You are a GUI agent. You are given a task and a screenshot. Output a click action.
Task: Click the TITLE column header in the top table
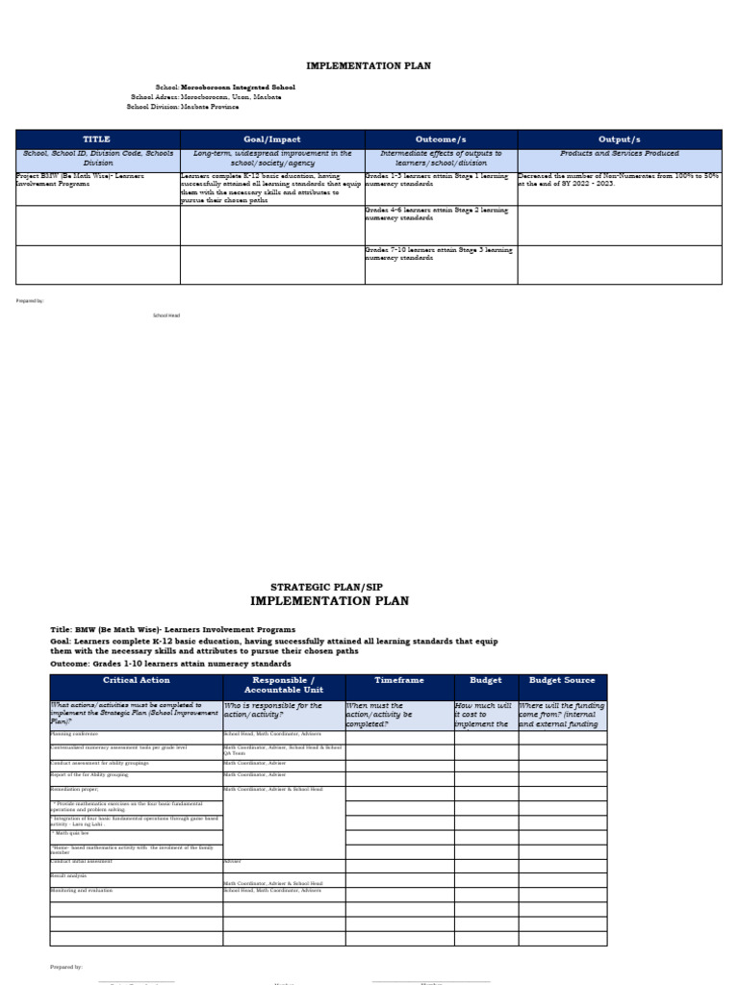pyautogui.click(x=97, y=139)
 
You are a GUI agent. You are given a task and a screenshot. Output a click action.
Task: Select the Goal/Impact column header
pyautogui.click(x=272, y=139)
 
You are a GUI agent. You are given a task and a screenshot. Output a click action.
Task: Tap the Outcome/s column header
pyautogui.click(x=441, y=139)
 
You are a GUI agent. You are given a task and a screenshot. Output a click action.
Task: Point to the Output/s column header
pyautogui.click(x=619, y=139)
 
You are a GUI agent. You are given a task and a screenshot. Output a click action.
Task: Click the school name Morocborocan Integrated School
pyautogui.click(x=231, y=87)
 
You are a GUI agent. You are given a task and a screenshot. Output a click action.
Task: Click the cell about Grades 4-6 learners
pyautogui.click(x=440, y=214)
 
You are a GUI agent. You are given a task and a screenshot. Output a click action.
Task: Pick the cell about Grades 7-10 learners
pyautogui.click(x=440, y=254)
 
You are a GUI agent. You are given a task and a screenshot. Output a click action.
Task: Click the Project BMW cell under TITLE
pyautogui.click(x=96, y=181)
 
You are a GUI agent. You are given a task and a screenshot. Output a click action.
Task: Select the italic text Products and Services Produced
pyautogui.click(x=619, y=154)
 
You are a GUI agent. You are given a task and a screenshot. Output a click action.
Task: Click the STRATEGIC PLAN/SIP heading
pyautogui.click(x=326, y=586)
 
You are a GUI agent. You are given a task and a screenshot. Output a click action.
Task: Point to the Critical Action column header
pyautogui.click(x=136, y=680)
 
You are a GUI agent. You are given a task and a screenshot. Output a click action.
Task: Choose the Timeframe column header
pyautogui.click(x=398, y=680)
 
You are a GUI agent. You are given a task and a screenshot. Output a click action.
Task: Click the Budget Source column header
pyautogui.click(x=562, y=680)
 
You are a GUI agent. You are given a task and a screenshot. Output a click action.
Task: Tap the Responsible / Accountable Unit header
pyautogui.click(x=283, y=685)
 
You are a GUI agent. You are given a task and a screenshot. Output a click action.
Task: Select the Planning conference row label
pyautogui.click(x=74, y=734)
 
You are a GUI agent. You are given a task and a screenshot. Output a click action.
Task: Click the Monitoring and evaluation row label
pyautogui.click(x=82, y=891)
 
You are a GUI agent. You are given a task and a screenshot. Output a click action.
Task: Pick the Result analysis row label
pyautogui.click(x=68, y=876)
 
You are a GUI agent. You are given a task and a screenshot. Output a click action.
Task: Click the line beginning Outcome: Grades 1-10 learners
pyautogui.click(x=170, y=664)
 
